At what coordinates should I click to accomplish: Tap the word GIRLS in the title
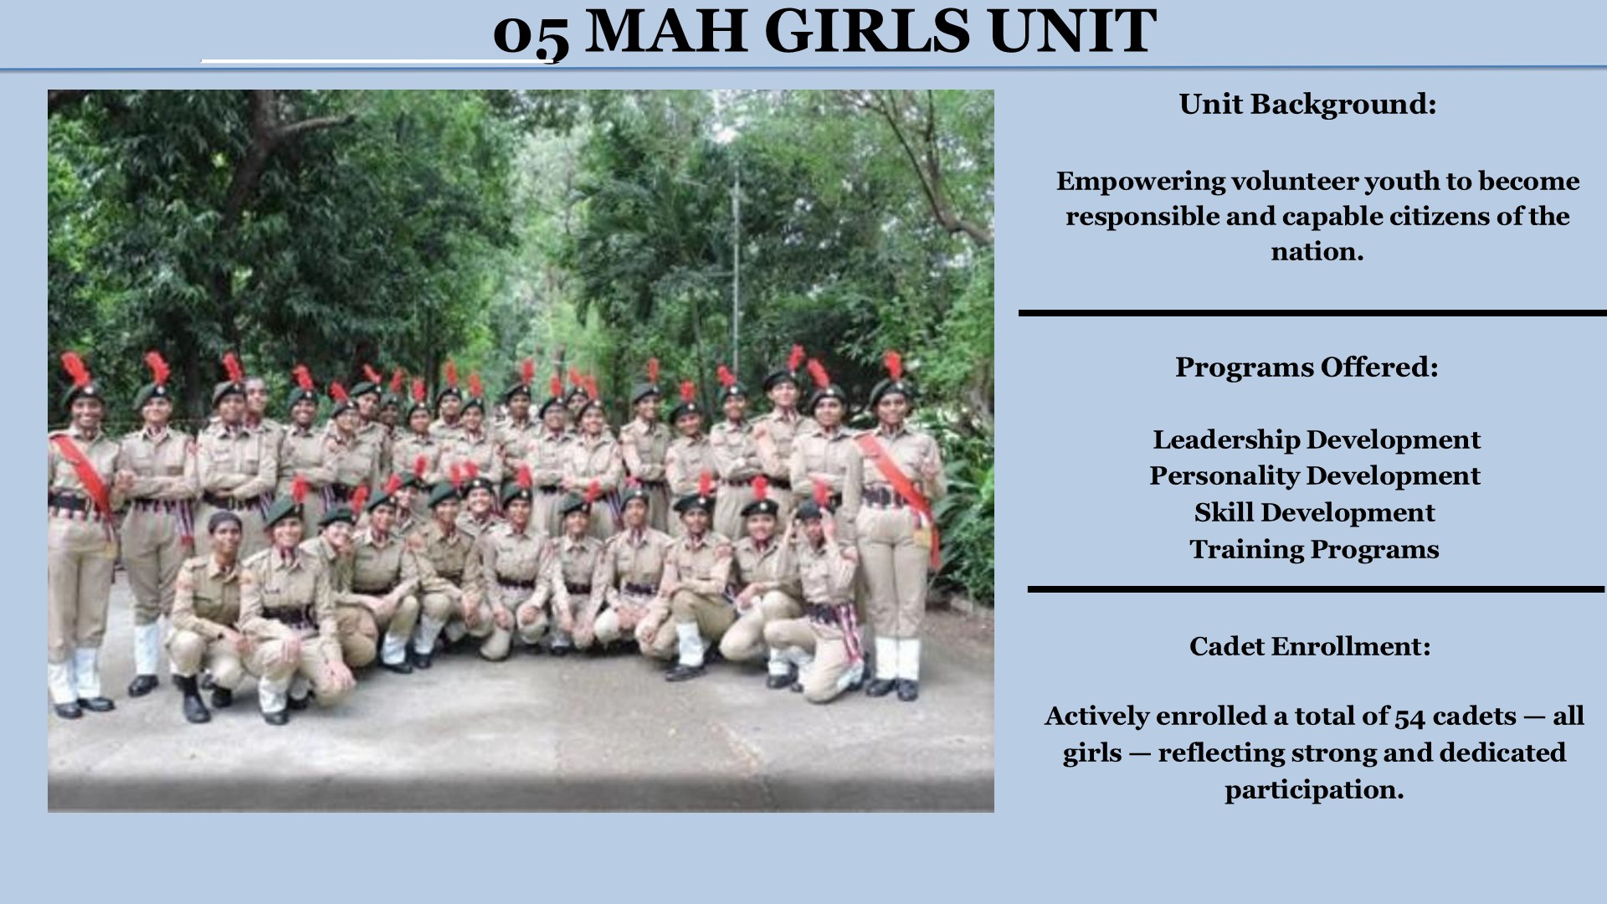click(868, 31)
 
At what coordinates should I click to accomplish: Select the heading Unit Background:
click(1307, 105)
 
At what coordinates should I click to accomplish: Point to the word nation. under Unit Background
click(1317, 251)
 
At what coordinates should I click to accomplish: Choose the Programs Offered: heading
click(1307, 367)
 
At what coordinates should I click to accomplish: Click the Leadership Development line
click(1317, 440)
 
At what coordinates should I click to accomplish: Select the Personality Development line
click(1315, 476)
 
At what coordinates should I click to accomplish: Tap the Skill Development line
click(1314, 512)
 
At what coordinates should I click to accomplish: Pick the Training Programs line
click(1314, 549)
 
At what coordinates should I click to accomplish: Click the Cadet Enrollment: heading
click(1310, 646)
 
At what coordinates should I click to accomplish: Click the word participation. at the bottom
click(1314, 790)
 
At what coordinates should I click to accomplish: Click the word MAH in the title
click(665, 31)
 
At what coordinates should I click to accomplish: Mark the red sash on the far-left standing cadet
click(84, 473)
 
